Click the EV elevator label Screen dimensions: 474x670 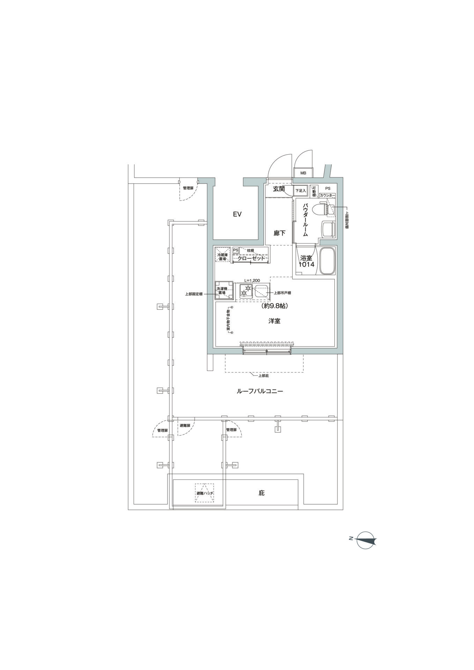(x=237, y=214)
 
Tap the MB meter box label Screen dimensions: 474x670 (x=303, y=173)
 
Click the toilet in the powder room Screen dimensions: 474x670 (x=324, y=209)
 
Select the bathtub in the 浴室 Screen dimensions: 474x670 (x=327, y=261)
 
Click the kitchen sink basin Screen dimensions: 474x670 (x=261, y=291)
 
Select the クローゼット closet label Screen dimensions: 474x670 (x=251, y=259)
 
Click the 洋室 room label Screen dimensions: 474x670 (x=274, y=321)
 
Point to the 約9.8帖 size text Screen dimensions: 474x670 (x=274, y=306)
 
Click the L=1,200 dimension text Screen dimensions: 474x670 (x=252, y=280)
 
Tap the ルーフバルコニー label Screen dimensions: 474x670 (x=260, y=391)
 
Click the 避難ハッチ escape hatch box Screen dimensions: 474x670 (x=205, y=493)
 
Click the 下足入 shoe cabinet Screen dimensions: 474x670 (x=301, y=191)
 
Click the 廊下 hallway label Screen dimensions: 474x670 (x=280, y=233)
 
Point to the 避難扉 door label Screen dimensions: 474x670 (x=185, y=426)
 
